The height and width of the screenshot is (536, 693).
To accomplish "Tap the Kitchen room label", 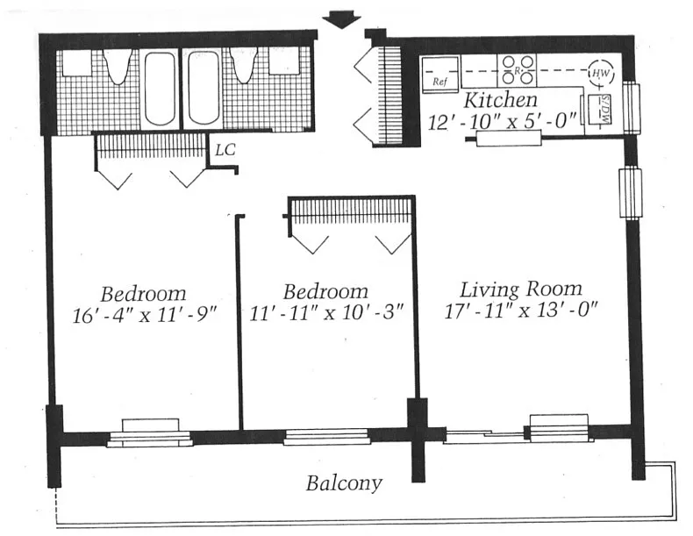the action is [500, 99].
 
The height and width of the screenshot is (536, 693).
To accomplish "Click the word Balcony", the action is [344, 482].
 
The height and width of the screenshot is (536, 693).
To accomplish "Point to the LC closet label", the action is [225, 149].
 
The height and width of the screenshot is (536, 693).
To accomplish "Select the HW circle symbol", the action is [601, 74].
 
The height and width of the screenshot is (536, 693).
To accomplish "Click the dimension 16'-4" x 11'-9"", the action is [143, 315].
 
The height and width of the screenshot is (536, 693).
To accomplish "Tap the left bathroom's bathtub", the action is [160, 88].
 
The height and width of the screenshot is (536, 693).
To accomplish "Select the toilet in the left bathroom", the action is [118, 65].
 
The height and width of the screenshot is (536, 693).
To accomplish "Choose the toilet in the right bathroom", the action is [243, 65].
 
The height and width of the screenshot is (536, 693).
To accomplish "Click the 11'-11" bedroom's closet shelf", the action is [351, 211].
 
